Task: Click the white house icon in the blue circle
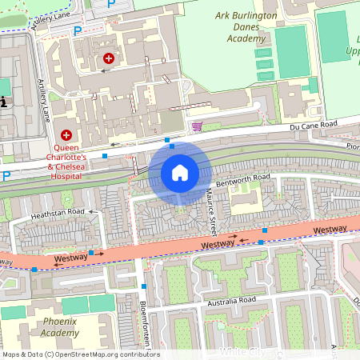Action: (180, 173)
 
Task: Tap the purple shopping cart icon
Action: (197, 126)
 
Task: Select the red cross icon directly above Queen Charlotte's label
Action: (66, 136)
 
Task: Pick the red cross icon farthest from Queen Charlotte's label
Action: (109, 58)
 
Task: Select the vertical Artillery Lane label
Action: (42, 100)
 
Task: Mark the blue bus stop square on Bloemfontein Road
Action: (144, 286)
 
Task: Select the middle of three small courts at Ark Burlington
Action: (263, 64)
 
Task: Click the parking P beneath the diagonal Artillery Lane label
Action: (78, 31)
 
